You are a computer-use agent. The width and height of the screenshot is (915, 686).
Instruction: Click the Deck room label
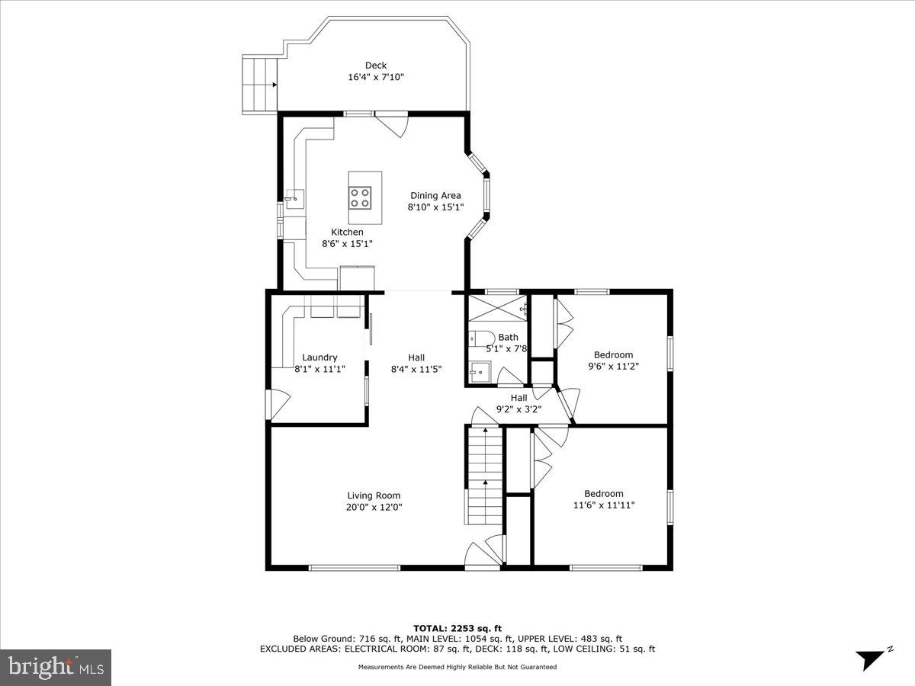coord(375,66)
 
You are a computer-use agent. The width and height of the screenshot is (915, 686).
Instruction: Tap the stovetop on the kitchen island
coord(360,198)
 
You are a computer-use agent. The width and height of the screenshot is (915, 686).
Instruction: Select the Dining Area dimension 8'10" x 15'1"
coord(435,207)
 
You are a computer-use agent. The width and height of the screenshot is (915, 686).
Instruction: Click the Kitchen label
coord(347,232)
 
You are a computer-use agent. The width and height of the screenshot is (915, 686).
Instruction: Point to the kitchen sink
coord(293,199)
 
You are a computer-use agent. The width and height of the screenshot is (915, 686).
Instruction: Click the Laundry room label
coord(319,357)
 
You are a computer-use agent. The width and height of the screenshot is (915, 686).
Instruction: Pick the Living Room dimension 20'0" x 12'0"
coord(374,507)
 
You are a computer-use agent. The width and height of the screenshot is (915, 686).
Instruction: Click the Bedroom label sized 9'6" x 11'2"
coord(613,354)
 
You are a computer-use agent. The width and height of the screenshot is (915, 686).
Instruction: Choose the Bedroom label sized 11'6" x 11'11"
coord(603,493)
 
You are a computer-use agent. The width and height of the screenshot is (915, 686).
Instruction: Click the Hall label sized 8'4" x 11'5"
coord(416,357)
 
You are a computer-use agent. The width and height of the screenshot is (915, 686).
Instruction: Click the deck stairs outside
coord(260,83)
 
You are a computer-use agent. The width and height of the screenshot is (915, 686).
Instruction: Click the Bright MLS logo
coord(56,667)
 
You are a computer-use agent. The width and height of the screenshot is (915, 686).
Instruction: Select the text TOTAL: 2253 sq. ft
coord(457,628)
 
